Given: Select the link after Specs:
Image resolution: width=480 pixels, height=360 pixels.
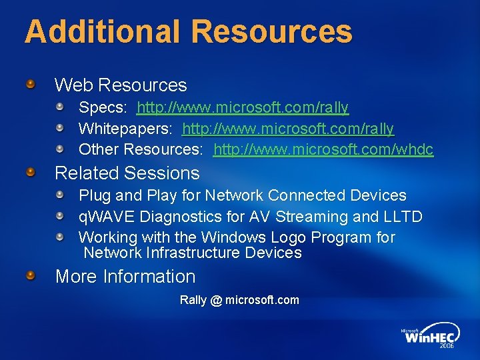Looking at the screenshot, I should click(x=243, y=107).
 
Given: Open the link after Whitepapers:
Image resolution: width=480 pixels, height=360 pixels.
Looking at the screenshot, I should click(x=288, y=128).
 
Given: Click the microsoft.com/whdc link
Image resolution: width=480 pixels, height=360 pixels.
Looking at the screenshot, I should click(x=323, y=149).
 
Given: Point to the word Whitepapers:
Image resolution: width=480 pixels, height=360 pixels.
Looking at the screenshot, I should click(x=127, y=128).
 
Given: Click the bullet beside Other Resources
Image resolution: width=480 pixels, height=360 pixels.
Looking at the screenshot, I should click(x=60, y=148).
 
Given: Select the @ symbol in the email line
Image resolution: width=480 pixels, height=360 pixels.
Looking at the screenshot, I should click(x=215, y=300).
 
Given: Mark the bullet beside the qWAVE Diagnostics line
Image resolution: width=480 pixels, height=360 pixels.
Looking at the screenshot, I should click(x=60, y=217).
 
